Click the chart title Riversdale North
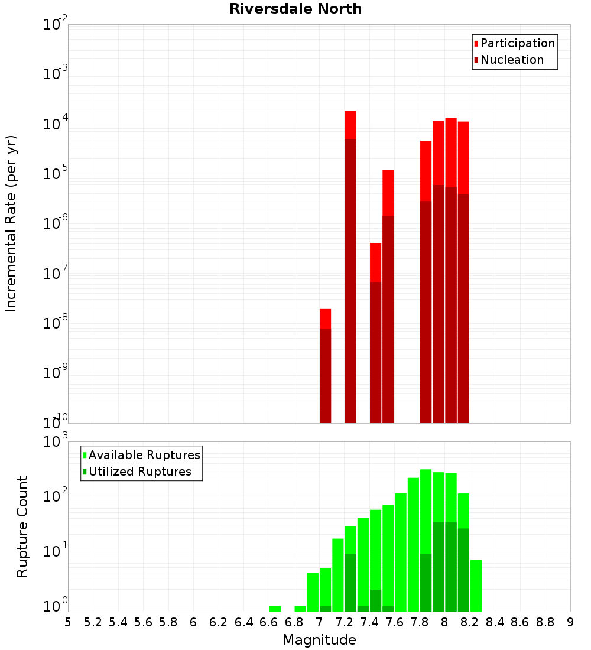coord(295,9)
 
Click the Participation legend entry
coord(514,43)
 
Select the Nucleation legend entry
coord(508,60)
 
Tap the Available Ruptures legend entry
coord(141,455)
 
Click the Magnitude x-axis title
coord(319,640)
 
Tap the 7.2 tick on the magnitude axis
coord(345,622)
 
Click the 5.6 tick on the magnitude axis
coord(143,622)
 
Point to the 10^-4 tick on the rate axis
coord(56,124)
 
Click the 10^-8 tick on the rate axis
coord(56,323)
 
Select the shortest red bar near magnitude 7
coord(325,366)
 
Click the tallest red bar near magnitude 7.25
coord(350,266)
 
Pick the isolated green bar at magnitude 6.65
coord(275,609)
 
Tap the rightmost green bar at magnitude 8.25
coord(476,585)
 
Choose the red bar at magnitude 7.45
coord(375,331)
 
